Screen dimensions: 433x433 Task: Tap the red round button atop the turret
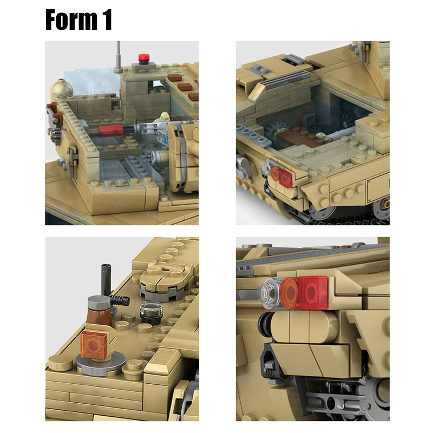click(143, 57)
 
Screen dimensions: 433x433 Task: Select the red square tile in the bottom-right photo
click(313, 292)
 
